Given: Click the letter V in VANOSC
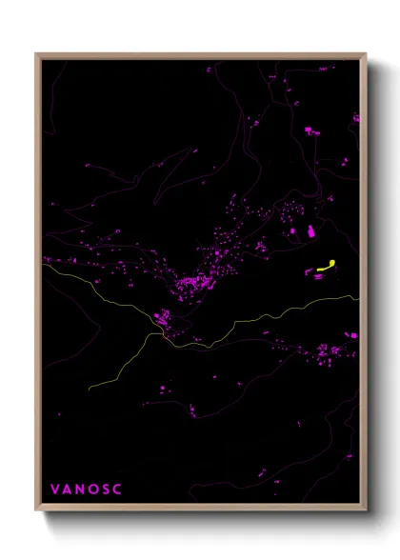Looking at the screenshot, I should click(x=54, y=490).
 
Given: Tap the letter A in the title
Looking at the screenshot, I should click(x=67, y=490).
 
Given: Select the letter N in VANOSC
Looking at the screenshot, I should click(x=80, y=490).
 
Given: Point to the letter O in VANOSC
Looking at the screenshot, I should click(x=93, y=490).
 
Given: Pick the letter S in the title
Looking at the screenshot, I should click(x=106, y=490).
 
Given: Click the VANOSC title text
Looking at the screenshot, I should click(x=86, y=490).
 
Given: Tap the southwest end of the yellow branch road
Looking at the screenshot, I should click(x=90, y=390).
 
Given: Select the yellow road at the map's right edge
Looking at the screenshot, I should click(x=358, y=297).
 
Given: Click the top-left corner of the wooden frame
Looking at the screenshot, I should click(x=37, y=54).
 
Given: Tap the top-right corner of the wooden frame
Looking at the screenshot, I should click(x=365, y=54).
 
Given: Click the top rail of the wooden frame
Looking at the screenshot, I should click(x=200, y=55).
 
